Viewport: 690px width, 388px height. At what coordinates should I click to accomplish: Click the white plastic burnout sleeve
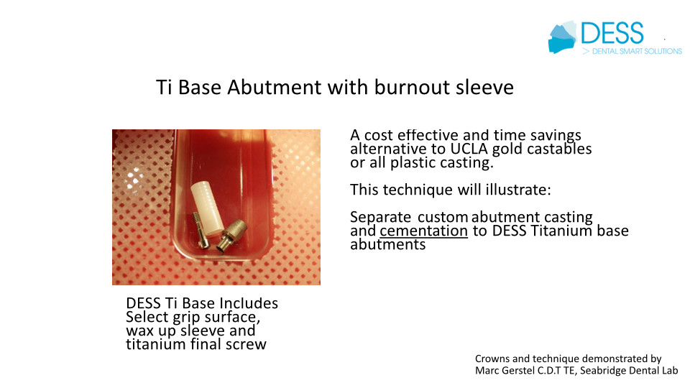(x=207, y=208)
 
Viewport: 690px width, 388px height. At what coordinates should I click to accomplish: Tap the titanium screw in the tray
(x=201, y=231)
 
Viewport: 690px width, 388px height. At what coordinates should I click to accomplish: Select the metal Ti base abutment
(x=231, y=236)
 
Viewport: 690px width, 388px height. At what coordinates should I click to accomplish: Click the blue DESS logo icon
(x=562, y=37)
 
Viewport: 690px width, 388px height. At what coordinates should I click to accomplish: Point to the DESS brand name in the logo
(x=612, y=33)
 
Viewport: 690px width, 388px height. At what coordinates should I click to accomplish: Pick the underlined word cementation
(x=424, y=231)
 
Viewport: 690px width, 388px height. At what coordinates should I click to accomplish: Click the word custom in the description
(x=443, y=217)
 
